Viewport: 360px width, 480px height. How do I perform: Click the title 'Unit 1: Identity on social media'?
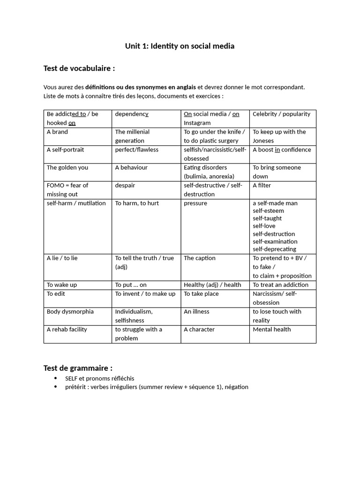[180, 46]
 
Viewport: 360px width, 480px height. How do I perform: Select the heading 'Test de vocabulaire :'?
[79, 68]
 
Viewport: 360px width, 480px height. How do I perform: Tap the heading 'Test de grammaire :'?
[78, 368]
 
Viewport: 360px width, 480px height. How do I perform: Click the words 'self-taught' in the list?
[267, 218]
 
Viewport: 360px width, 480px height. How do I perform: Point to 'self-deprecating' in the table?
[274, 249]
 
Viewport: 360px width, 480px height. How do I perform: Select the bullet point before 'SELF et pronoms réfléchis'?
[56, 378]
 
